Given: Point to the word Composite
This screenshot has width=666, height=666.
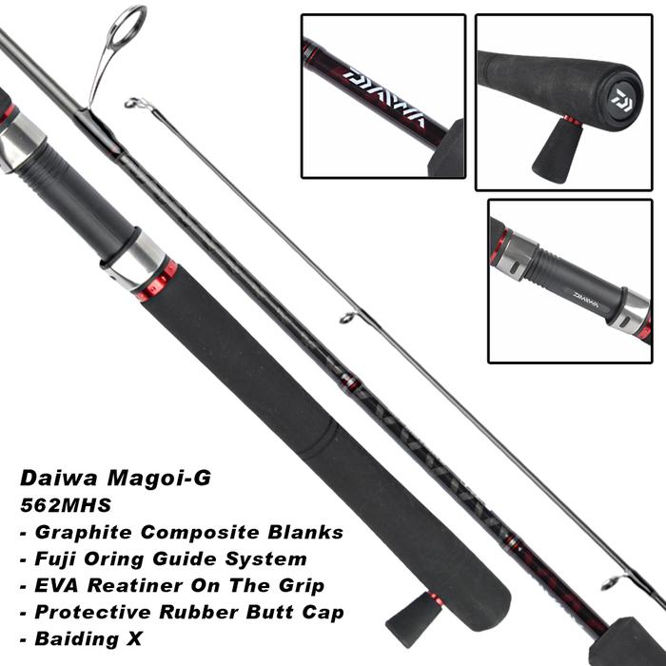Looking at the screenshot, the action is tap(200, 531).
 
